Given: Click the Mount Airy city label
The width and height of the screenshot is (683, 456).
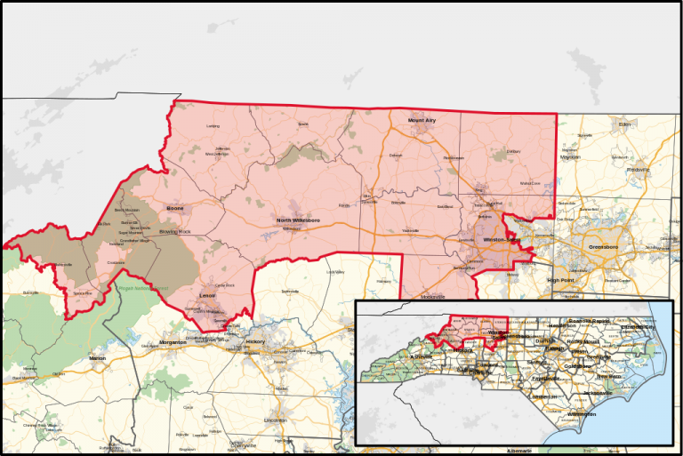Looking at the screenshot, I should click(x=423, y=119).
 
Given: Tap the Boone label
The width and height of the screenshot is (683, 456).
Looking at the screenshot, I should click(x=174, y=209).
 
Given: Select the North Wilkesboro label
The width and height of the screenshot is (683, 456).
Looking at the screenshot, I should click(x=297, y=220).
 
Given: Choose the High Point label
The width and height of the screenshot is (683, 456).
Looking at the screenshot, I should click(x=562, y=280).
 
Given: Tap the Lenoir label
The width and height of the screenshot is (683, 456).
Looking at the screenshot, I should click(x=207, y=295).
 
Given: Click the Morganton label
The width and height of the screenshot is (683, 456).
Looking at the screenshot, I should click(x=173, y=342).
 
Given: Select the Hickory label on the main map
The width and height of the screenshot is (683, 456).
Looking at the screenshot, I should click(x=255, y=342).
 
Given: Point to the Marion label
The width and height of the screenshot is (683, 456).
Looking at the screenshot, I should click(x=97, y=358).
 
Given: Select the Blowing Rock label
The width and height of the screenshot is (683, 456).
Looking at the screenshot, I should click(x=174, y=231).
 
